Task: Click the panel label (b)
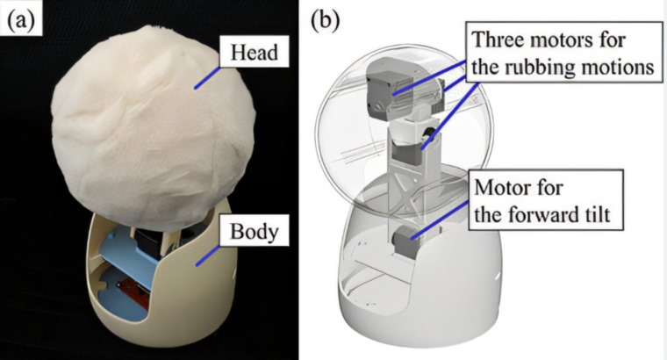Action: pyautogui.click(x=326, y=20)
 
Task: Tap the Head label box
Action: pyautogui.click(x=255, y=52)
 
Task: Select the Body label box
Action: pyautogui.click(x=255, y=232)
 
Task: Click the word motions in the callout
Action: pyautogui.click(x=617, y=67)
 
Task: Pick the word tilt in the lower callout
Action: pyautogui.click(x=599, y=213)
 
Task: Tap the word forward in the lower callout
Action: pyautogui.click(x=542, y=213)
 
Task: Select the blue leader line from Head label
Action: pyautogui.click(x=207, y=77)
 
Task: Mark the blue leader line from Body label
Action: pyautogui.click(x=208, y=256)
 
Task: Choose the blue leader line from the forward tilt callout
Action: pyautogui.click(x=440, y=220)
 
